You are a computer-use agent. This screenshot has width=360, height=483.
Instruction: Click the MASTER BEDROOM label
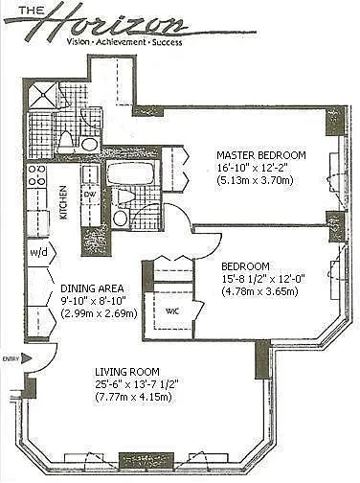coord(261,155)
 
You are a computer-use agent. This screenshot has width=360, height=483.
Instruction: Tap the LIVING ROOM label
coord(127,372)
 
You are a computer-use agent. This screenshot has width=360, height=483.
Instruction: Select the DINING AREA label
coord(92,288)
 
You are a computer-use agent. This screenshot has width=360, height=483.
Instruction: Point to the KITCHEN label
coord(64,202)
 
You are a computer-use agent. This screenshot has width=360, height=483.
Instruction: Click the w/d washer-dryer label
coord(38,252)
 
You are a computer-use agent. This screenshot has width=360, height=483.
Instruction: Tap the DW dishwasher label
coord(88,195)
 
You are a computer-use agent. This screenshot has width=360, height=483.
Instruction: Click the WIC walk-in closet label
coord(172,310)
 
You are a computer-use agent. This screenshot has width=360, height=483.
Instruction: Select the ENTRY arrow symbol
coord(28,358)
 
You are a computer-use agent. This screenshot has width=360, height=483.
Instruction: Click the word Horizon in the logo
coord(115,23)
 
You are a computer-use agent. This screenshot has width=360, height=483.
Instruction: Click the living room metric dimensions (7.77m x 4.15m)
coord(134,397)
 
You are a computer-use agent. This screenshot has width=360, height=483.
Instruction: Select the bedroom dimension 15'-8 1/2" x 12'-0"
coord(263,279)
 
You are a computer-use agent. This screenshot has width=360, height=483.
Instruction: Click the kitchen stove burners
coord(36,174)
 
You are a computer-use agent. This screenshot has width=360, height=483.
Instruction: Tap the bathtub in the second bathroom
coord(131,174)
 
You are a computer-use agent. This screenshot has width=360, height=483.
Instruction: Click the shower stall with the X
coord(42,94)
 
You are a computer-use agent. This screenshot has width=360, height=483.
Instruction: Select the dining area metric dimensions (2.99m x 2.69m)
coord(99,313)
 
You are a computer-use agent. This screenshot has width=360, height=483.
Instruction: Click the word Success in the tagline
coord(167,42)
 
